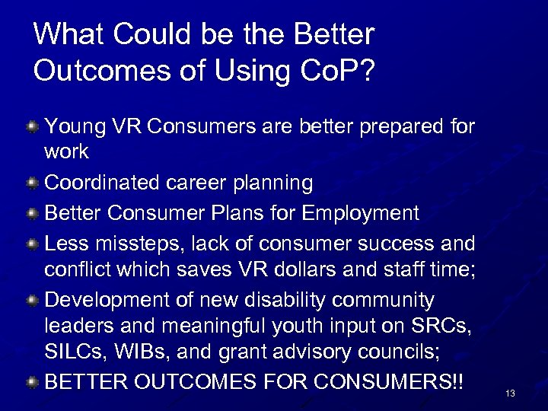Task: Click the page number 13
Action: pos(510,393)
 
